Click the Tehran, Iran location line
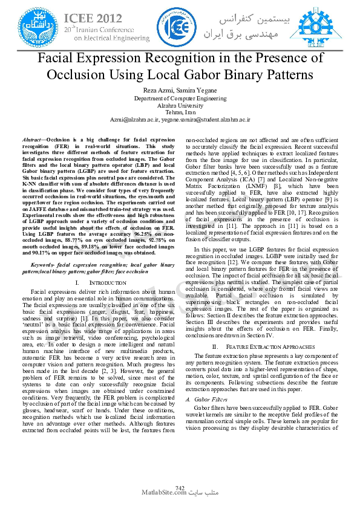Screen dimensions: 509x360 coord(180,112)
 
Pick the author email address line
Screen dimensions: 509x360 coord(180,120)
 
